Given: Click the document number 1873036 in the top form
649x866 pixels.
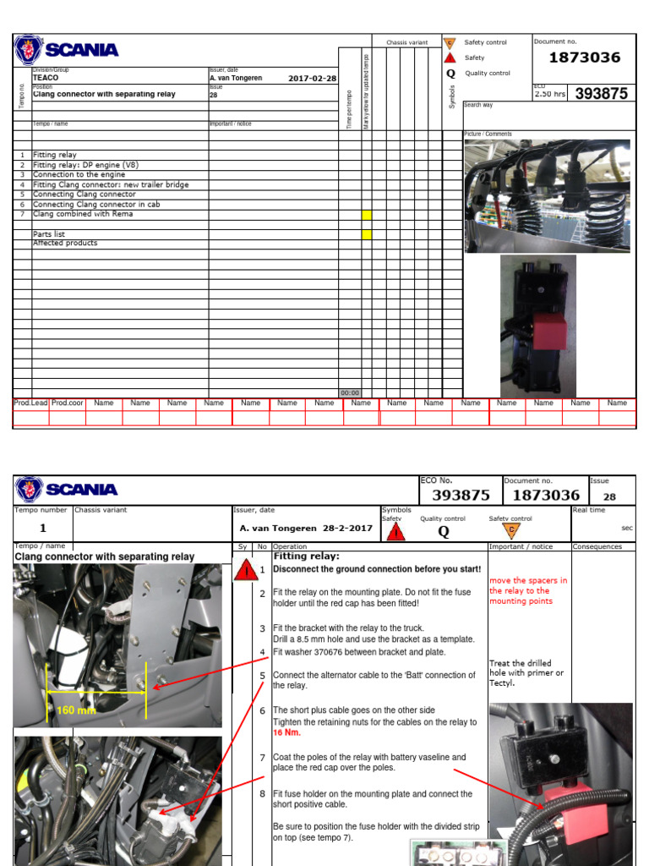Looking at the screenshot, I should pyautogui.click(x=584, y=58).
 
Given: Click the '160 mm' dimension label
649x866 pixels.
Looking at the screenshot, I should pyautogui.click(x=76, y=710).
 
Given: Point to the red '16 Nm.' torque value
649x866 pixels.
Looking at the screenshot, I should pyautogui.click(x=285, y=733).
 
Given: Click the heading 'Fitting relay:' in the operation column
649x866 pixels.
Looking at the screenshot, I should pyautogui.click(x=306, y=556).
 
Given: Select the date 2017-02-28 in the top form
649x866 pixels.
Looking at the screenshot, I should pyautogui.click(x=312, y=78).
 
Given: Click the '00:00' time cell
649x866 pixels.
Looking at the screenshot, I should pyautogui.click(x=349, y=392).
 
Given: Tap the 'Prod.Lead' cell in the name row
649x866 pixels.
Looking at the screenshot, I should pyautogui.click(x=30, y=403).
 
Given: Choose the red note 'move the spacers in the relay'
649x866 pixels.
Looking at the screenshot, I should pyautogui.click(x=528, y=590).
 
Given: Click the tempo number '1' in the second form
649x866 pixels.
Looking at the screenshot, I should pyautogui.click(x=42, y=528).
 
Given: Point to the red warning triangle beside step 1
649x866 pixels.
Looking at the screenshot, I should pyautogui.click(x=246, y=570).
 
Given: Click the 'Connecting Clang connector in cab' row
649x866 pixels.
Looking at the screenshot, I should pyautogui.click(x=96, y=205).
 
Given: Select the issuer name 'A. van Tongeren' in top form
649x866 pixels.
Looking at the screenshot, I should pyautogui.click(x=236, y=78).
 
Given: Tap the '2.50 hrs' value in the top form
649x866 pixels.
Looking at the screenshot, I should pyautogui.click(x=549, y=94).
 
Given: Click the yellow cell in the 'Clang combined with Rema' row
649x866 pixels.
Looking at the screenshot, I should pyautogui.click(x=367, y=215).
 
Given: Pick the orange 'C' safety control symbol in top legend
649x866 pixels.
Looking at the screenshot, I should pyautogui.click(x=450, y=42).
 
